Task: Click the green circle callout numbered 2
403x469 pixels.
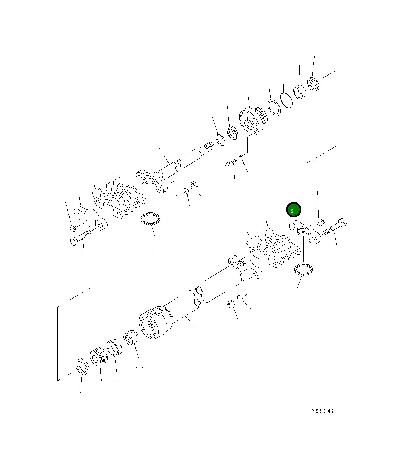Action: (x=294, y=210)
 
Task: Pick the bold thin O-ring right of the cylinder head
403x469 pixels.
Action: (x=286, y=100)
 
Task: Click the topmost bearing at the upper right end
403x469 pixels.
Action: (x=313, y=84)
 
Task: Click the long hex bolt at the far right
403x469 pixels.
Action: (x=334, y=227)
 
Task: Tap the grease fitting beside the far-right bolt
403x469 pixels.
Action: (x=320, y=222)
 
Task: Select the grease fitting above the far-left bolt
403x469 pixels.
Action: (x=74, y=228)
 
